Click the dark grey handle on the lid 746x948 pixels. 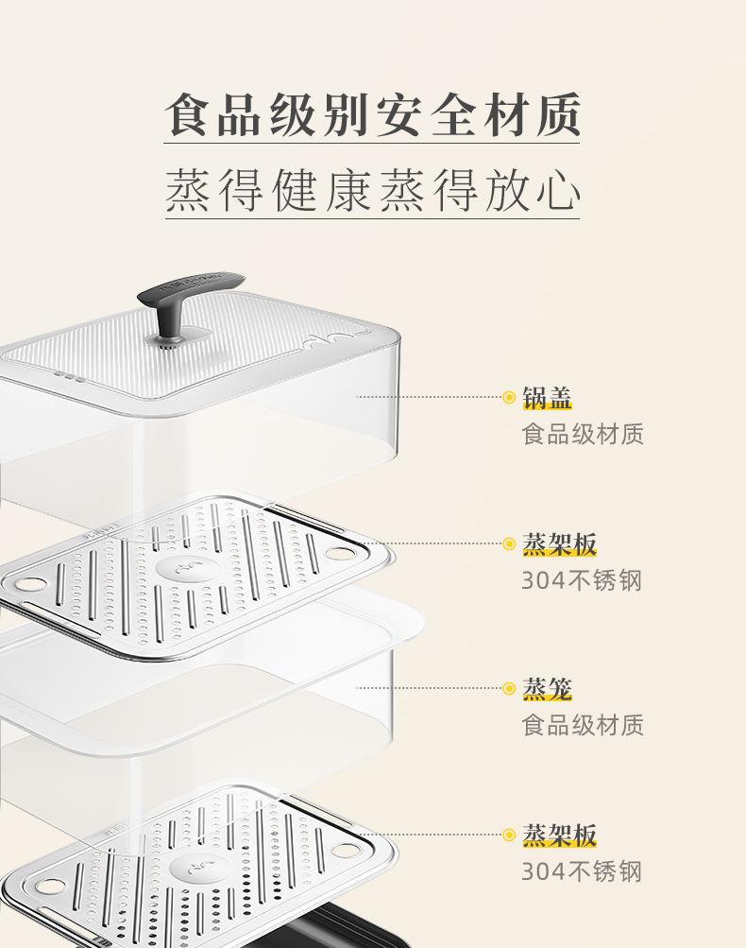190,288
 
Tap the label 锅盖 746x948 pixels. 548,398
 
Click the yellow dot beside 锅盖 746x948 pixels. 509,398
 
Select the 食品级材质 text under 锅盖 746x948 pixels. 583,434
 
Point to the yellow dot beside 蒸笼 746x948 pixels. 509,689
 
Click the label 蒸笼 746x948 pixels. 548,689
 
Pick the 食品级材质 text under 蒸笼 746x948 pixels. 583,725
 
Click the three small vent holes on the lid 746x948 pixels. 70,377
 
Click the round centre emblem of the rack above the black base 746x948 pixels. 195,867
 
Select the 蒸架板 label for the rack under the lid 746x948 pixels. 560,544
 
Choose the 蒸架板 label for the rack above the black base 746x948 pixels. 560,835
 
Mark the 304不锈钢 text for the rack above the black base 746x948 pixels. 582,870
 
